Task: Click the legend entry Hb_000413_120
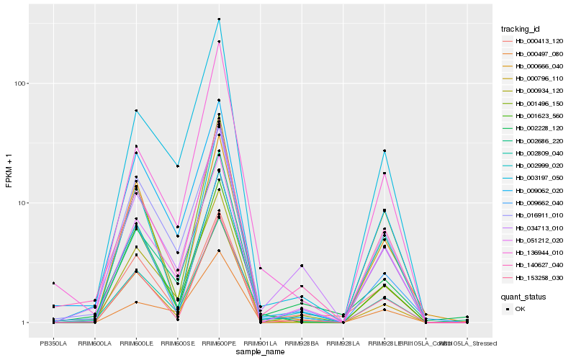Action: [x=534, y=41]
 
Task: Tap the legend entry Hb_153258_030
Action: [x=534, y=277]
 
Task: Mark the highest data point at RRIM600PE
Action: [x=219, y=19]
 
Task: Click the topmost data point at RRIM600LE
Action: [x=136, y=110]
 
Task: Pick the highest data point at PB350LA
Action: [x=53, y=283]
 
